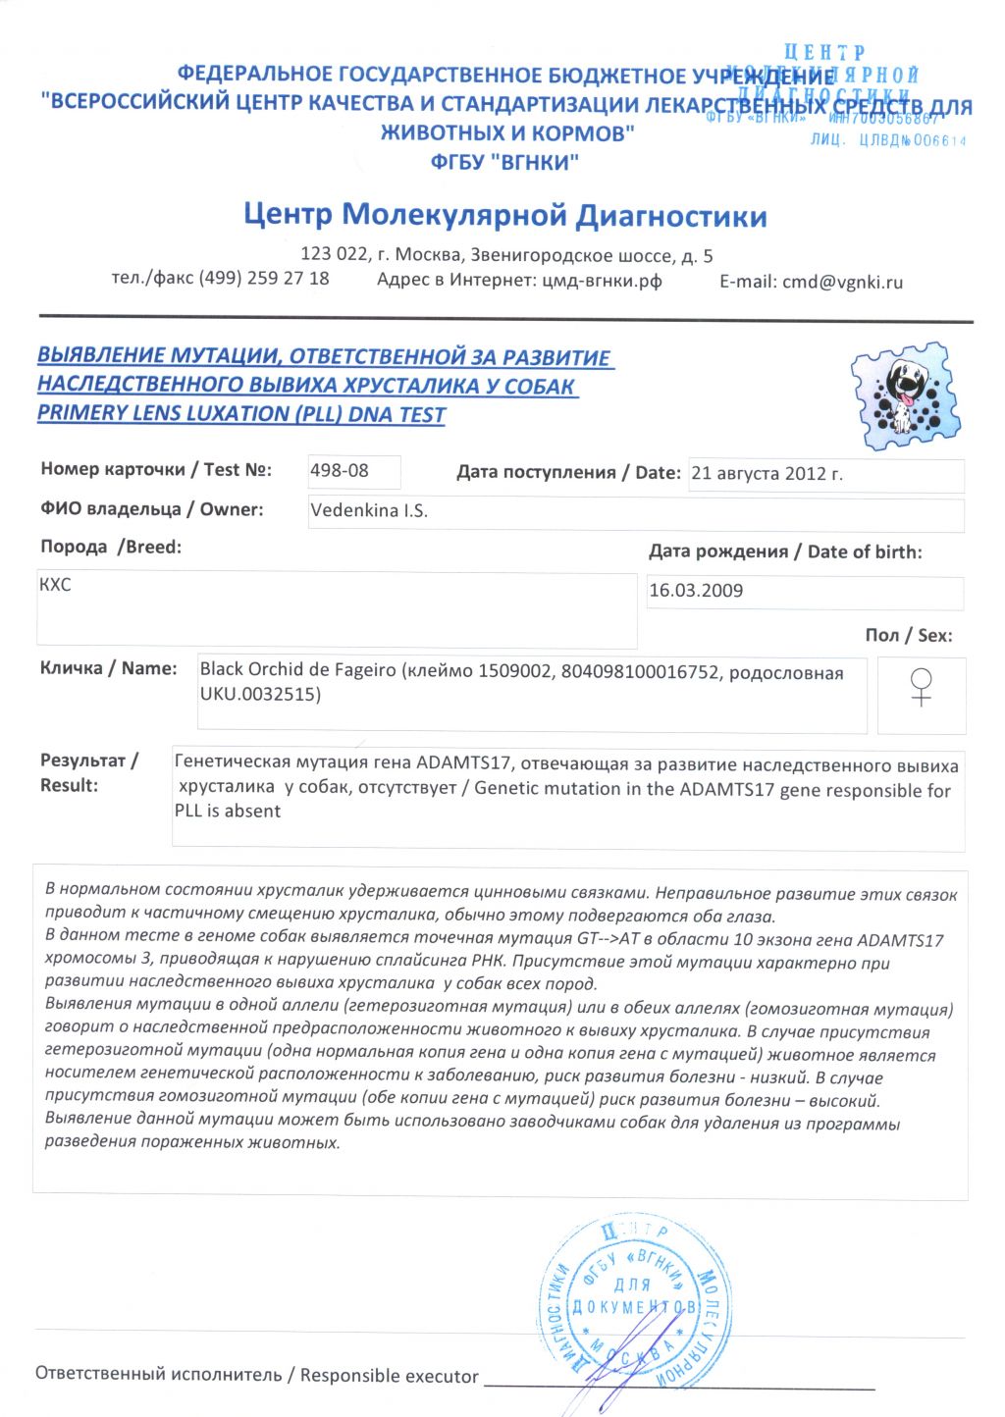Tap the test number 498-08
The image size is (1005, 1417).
click(340, 471)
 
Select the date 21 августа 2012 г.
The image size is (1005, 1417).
click(767, 474)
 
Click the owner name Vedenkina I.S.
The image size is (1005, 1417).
click(369, 511)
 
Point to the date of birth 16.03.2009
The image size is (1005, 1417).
click(696, 591)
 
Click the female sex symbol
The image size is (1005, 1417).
click(921, 687)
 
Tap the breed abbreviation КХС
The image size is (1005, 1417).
click(55, 585)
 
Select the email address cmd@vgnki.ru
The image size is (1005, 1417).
click(841, 283)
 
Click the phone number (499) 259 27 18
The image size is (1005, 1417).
click(264, 279)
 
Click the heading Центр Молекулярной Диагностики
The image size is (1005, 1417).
click(505, 215)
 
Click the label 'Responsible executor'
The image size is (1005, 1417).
click(390, 1376)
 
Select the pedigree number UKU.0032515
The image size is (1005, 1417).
click(260, 695)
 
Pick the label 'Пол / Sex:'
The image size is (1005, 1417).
click(908, 636)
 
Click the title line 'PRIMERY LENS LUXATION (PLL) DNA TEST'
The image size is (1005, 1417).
click(241, 414)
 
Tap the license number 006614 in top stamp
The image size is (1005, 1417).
click(939, 141)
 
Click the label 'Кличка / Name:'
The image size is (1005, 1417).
click(108, 668)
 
